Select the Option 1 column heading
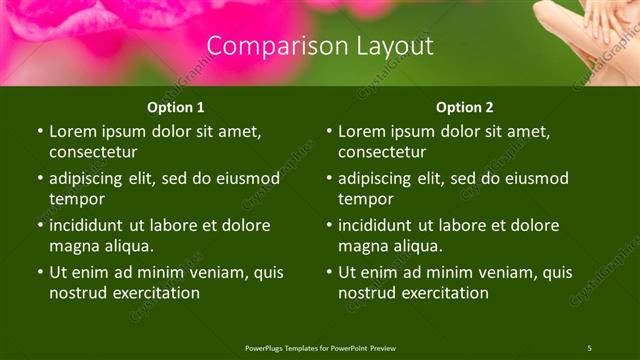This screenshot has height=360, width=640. pos(176,107)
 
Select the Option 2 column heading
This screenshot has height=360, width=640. pos(465,107)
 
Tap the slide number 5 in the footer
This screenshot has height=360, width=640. pos(589,348)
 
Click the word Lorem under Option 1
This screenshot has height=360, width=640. pos(73,131)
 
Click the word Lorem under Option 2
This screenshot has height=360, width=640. pos(362,131)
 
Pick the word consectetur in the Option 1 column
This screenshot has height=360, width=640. pos(93,152)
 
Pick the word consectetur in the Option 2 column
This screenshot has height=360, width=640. pos(382,152)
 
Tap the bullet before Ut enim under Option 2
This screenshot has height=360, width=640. pos(329,272)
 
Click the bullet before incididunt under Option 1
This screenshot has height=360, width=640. pos(40,225)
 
